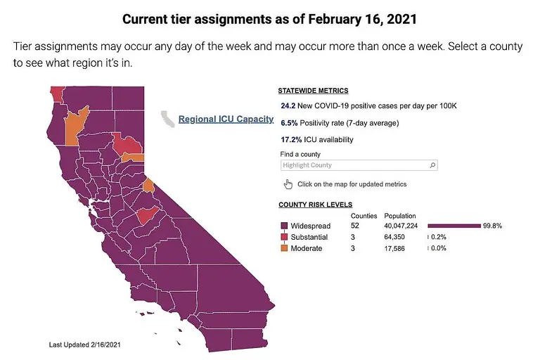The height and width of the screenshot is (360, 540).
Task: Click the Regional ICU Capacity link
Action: [226, 120]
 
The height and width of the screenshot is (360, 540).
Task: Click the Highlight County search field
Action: [355, 165]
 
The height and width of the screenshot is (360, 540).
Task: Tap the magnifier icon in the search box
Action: [432, 165]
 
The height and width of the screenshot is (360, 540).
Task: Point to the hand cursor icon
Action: [288, 184]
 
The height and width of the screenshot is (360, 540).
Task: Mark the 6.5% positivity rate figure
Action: [288, 123]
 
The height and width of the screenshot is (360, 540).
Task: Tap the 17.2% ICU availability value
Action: [290, 140]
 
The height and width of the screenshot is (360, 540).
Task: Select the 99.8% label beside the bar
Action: [492, 226]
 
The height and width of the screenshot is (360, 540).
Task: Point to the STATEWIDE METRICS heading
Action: [313, 91]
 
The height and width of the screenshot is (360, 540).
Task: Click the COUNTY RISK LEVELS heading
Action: [316, 205]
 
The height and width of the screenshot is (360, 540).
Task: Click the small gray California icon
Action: [168, 119]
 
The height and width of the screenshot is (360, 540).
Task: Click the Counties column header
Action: [364, 216]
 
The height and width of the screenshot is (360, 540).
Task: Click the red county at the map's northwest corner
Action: [57, 94]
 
